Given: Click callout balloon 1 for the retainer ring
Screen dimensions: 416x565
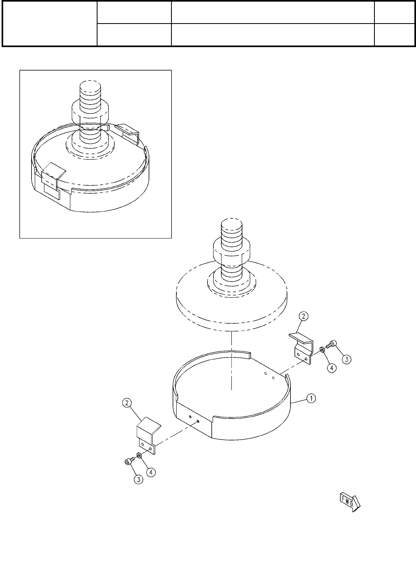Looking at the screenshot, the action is point(311,398).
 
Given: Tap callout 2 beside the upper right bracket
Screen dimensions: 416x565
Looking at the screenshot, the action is point(303,316).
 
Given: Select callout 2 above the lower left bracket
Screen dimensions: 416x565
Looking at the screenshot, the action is point(127,403).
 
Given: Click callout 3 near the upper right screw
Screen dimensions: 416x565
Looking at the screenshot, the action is point(346,359).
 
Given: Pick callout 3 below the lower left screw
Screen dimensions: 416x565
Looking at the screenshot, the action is point(138,479).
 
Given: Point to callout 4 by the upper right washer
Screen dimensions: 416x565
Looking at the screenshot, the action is point(332,368).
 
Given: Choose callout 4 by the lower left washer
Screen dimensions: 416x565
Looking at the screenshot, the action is point(151,472).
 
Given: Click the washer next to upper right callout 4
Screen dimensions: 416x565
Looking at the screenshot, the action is point(322,349).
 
